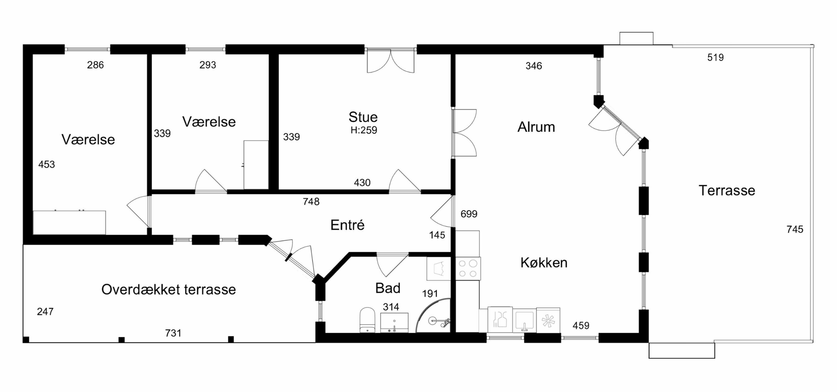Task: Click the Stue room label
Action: point(363,117)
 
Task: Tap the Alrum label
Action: point(536,127)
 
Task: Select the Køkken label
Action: point(544,263)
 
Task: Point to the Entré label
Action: point(347,225)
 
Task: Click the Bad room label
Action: point(388,288)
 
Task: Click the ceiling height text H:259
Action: point(364,130)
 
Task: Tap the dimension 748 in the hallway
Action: point(311,202)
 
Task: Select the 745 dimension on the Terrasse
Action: point(795,230)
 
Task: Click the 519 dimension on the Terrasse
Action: point(715,57)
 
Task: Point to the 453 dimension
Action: point(47,164)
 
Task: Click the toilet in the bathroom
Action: point(367,320)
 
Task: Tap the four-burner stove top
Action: point(468,268)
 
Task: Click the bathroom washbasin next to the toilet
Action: point(394,323)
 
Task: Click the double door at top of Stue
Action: point(391,61)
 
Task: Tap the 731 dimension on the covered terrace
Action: point(173,333)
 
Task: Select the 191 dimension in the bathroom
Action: point(430,294)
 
